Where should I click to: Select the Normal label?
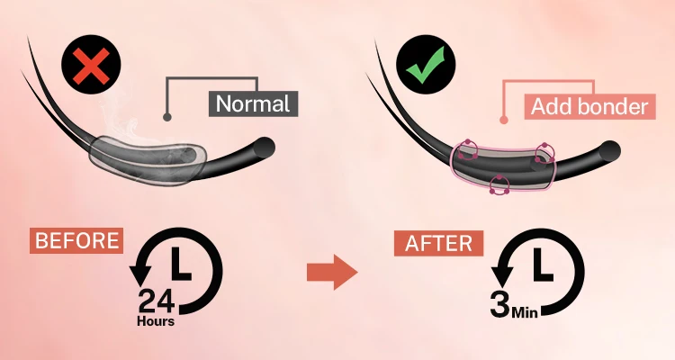254,103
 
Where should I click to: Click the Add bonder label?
589,106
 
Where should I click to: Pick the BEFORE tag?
77,240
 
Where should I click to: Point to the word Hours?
156,320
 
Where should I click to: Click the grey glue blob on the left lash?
148,158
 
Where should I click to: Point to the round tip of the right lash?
609,148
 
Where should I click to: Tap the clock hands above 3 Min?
541,265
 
